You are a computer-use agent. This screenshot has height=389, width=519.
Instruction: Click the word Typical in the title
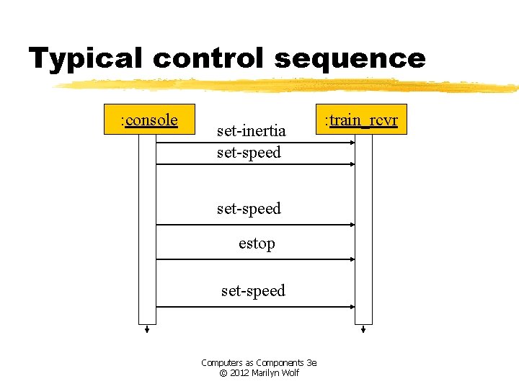coord(87,58)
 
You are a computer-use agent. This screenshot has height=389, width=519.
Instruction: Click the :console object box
coord(148,120)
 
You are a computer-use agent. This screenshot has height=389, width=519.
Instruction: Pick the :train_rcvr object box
coord(361,120)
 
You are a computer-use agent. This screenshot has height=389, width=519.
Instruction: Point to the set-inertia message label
coord(252,131)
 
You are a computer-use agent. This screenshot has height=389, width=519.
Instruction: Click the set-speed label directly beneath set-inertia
coord(249,153)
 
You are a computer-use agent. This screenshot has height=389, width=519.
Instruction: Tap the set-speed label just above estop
coord(249,209)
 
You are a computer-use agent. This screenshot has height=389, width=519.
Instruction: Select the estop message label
coord(257,244)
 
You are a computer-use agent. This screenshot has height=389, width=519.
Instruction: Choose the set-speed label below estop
coord(253,291)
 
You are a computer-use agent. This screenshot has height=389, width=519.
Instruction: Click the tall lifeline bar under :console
coord(147,231)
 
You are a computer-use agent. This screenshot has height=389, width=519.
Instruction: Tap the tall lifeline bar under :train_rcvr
coord(363,231)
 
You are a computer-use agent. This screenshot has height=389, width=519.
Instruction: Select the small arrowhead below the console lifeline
coord(147,331)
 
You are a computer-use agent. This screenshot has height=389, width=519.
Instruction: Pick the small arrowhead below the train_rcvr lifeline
coord(363,331)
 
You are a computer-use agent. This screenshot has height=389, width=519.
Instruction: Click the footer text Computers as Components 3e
coord(259,363)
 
